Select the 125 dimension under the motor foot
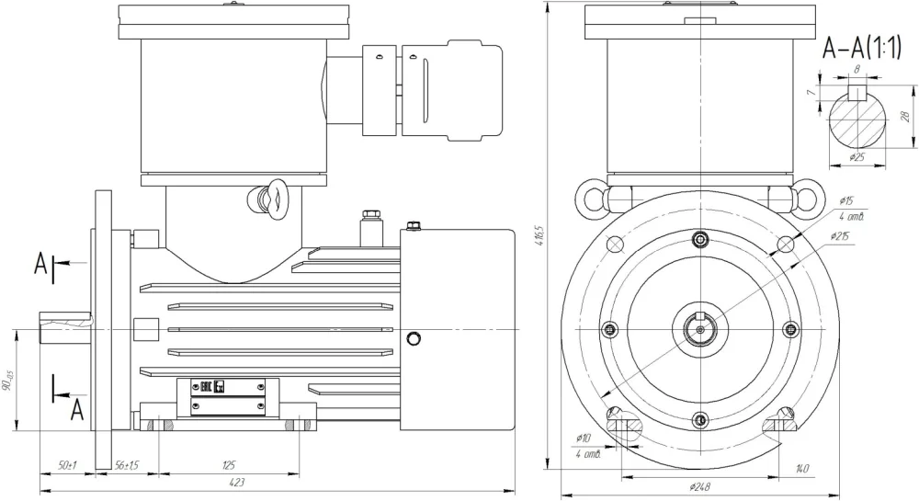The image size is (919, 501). (229, 466)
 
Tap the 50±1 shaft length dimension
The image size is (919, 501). (67, 466)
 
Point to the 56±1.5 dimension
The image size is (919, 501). (126, 466)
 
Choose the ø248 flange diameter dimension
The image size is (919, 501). (699, 485)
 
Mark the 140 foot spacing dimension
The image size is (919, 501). (802, 470)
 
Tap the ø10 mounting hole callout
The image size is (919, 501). (582, 438)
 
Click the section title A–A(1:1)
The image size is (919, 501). (861, 47)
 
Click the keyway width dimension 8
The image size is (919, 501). (857, 69)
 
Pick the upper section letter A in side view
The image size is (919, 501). (41, 265)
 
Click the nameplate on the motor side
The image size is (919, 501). (234, 396)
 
